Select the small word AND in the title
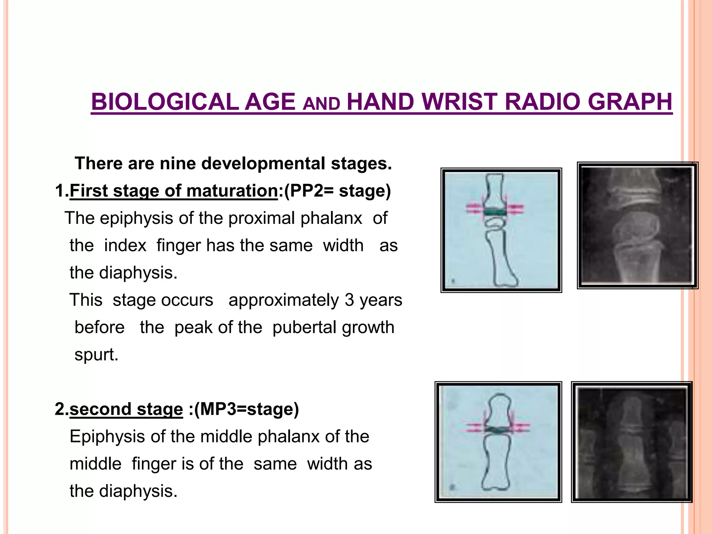point(321,104)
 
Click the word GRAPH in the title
point(630,102)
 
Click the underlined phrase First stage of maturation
point(173,191)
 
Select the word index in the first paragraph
point(125,245)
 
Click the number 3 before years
point(349,300)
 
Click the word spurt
point(96,355)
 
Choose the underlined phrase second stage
point(126,409)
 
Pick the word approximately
point(283,300)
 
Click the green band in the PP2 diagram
point(494,211)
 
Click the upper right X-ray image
point(637,225)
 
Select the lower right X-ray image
point(632,442)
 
